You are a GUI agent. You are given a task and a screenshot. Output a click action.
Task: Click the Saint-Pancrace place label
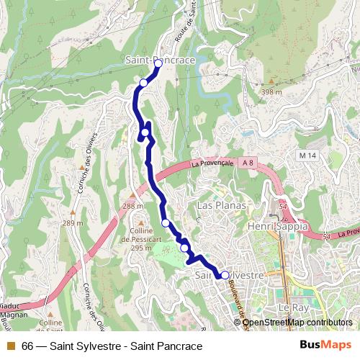tap(160, 60)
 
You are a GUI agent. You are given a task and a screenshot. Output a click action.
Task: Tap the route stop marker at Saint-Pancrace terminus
tap(158, 63)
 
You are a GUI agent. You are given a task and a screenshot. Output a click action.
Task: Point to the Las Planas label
tap(221, 206)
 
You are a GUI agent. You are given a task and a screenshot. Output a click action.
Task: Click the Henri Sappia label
tap(277, 226)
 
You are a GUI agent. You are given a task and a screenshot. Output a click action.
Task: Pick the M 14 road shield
tap(307, 156)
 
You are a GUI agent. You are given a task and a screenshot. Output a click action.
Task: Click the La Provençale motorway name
tap(212, 163)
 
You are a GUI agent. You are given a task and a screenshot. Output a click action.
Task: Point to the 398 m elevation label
tap(271, 91)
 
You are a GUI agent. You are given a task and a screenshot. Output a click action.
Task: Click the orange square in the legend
tap(9, 346)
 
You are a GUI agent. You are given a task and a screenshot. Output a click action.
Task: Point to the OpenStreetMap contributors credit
tap(297, 323)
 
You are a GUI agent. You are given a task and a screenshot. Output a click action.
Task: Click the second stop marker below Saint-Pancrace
tap(146, 132)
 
